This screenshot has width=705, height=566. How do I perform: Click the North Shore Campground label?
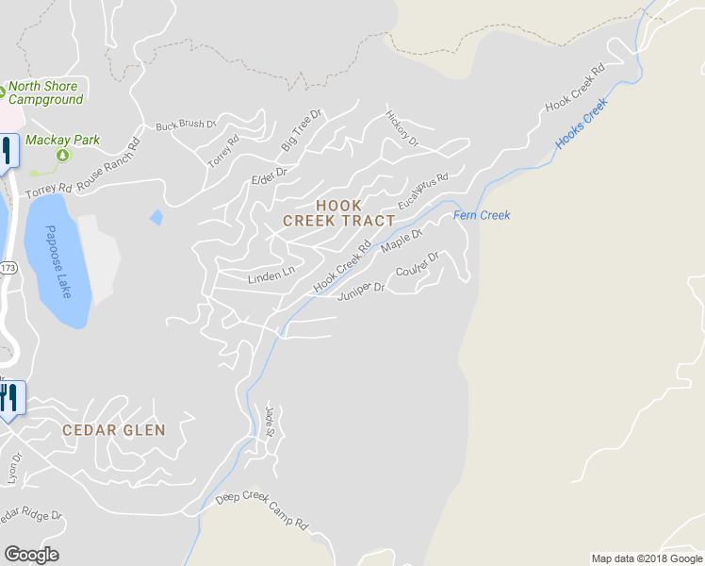click(x=46, y=93)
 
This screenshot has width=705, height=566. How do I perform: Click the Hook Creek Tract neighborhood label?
click(x=338, y=213)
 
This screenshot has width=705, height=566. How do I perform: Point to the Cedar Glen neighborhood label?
click(x=114, y=430)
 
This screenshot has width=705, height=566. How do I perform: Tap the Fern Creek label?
click(x=482, y=215)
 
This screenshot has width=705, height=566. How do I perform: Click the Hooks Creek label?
click(x=582, y=126)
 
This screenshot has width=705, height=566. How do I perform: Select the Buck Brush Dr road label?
click(x=186, y=125)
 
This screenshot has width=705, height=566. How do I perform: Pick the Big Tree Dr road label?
click(x=302, y=130)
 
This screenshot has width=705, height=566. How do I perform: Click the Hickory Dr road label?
click(x=402, y=128)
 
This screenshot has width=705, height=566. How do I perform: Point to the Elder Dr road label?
click(x=269, y=177)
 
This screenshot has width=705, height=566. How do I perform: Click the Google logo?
click(x=31, y=555)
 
